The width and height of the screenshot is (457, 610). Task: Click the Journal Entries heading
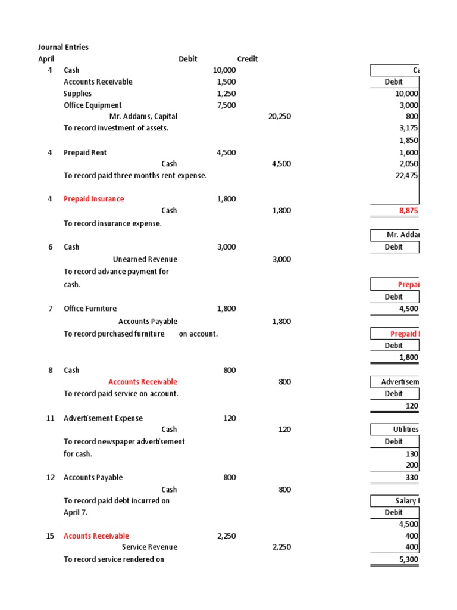[x=63, y=47]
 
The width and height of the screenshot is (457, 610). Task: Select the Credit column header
[x=247, y=59]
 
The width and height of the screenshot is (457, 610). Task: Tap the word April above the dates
[x=46, y=59]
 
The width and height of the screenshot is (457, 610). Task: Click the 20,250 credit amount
[x=280, y=117]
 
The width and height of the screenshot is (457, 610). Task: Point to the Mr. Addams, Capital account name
[x=143, y=117]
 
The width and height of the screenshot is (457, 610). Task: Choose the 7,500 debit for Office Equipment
[x=226, y=105]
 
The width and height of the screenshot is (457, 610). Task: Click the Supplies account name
[x=77, y=94]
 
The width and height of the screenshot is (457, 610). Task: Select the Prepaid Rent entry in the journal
[x=85, y=152]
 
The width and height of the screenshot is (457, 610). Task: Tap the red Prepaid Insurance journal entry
[x=94, y=199]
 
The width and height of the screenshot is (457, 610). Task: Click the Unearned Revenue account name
[x=145, y=259]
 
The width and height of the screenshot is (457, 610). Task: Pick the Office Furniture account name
[x=90, y=309]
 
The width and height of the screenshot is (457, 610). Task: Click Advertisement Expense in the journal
[x=103, y=418]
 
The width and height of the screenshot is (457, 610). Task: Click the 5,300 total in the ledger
[x=408, y=559]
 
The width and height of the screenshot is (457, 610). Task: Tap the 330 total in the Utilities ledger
[x=412, y=477]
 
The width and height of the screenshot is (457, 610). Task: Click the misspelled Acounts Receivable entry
[x=96, y=536]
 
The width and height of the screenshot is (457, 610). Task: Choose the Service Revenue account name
[x=149, y=547]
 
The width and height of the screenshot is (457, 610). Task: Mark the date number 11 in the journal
[x=50, y=418]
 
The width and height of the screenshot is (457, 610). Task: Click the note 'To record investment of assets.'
[x=115, y=128]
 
